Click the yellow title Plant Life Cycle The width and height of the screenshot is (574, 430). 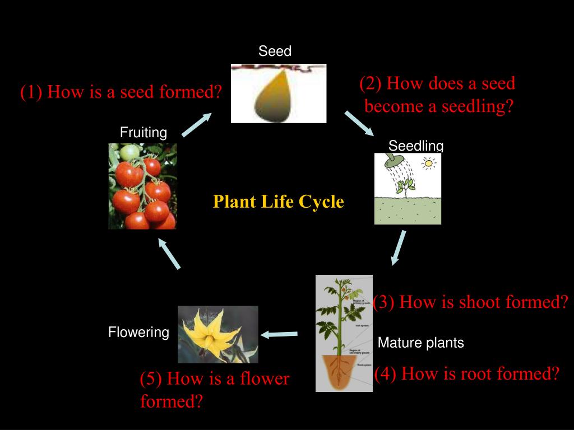(278, 202)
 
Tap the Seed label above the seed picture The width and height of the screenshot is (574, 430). (275, 52)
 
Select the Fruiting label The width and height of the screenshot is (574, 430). (143, 133)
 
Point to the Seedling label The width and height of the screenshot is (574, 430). (416, 146)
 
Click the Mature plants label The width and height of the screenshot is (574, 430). (421, 343)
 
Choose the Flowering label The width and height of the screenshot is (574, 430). (138, 333)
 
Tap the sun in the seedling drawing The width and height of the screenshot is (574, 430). (429, 163)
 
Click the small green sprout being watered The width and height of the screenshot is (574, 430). (404, 186)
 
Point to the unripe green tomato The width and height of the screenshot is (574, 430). (130, 152)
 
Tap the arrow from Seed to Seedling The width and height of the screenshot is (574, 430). (359, 123)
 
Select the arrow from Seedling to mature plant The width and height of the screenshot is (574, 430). (399, 247)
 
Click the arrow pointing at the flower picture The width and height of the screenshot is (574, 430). (279, 334)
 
